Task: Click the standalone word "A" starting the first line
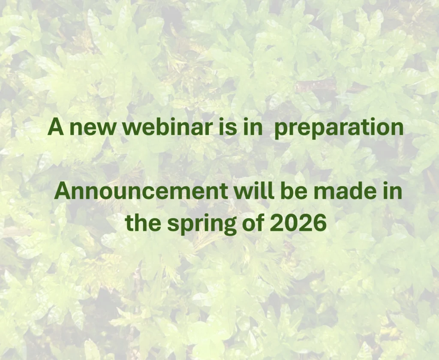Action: point(56,126)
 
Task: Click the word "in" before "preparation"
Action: point(253,126)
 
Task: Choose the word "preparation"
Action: point(339,128)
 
